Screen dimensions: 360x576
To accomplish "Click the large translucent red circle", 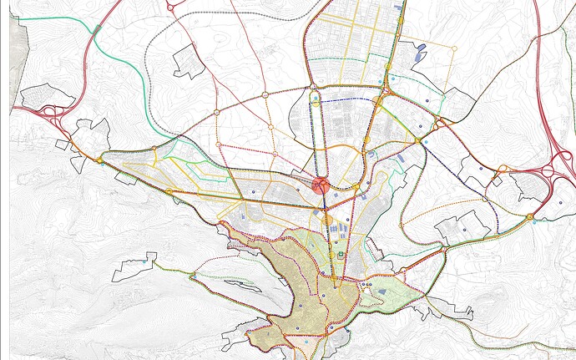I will click(x=321, y=185).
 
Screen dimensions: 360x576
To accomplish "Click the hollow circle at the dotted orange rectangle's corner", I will click(x=453, y=48).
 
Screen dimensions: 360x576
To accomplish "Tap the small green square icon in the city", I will click(x=341, y=254).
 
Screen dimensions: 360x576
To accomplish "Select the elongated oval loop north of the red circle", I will click(x=316, y=134).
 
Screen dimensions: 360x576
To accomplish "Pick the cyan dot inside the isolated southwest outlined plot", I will click(x=146, y=263).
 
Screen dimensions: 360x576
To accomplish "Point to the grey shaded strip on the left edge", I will click(x=14, y=58).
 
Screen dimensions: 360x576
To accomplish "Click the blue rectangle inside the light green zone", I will click(x=381, y=291).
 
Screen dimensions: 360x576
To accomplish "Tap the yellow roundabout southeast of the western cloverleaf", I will click(x=99, y=160).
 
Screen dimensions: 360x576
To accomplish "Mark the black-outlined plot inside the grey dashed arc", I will click(x=189, y=61).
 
